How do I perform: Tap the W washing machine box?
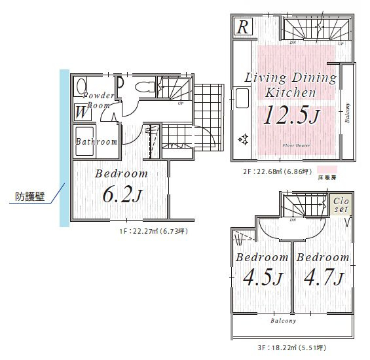pos(82,112)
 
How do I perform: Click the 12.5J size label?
pos(291,116)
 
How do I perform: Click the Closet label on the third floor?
pos(341,205)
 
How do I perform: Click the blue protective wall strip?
pos(64,147)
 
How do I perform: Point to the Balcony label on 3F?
pos(284,321)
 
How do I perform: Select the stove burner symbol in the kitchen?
pos(242,139)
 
